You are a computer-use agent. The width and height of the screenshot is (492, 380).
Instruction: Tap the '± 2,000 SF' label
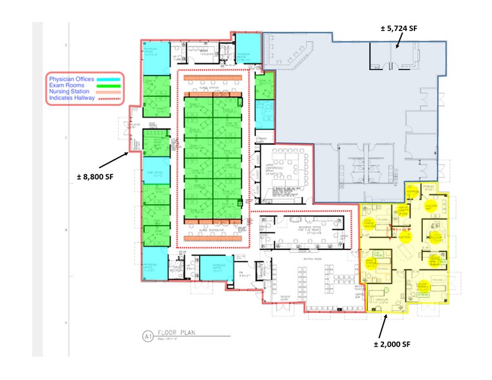click(392, 344)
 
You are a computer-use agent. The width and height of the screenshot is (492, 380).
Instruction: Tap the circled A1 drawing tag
click(148, 335)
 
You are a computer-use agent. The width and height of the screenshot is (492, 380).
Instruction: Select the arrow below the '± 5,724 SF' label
click(396, 42)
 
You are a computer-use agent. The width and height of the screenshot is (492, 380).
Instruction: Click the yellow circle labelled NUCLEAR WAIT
click(431, 207)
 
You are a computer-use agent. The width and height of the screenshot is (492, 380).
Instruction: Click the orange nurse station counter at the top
click(213, 78)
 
